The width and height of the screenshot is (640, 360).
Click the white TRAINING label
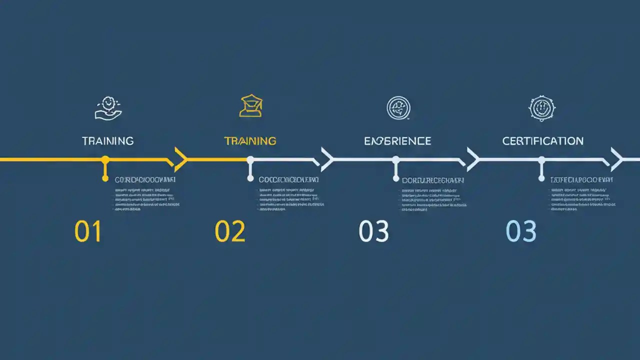[108, 141]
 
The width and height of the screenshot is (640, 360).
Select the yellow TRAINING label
[250, 141]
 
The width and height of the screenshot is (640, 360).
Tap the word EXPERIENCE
[397, 141]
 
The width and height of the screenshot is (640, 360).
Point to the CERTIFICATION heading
[542, 141]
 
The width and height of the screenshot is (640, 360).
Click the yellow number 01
[88, 231]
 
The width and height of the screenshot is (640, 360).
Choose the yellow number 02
[230, 231]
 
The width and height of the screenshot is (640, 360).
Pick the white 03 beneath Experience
[373, 231]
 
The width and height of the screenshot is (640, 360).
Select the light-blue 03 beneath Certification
[521, 231]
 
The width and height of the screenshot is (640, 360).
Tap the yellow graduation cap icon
[251, 106]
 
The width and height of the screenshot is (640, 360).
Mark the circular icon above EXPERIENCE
[398, 108]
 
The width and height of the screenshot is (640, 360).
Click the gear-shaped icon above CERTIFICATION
[542, 108]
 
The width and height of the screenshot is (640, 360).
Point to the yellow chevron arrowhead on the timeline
[180, 159]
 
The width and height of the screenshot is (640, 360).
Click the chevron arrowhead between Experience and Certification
[472, 159]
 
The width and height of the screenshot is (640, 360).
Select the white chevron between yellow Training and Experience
[327, 159]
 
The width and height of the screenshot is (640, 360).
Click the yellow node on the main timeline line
[105, 160]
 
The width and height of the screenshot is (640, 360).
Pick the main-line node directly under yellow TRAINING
[250, 160]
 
